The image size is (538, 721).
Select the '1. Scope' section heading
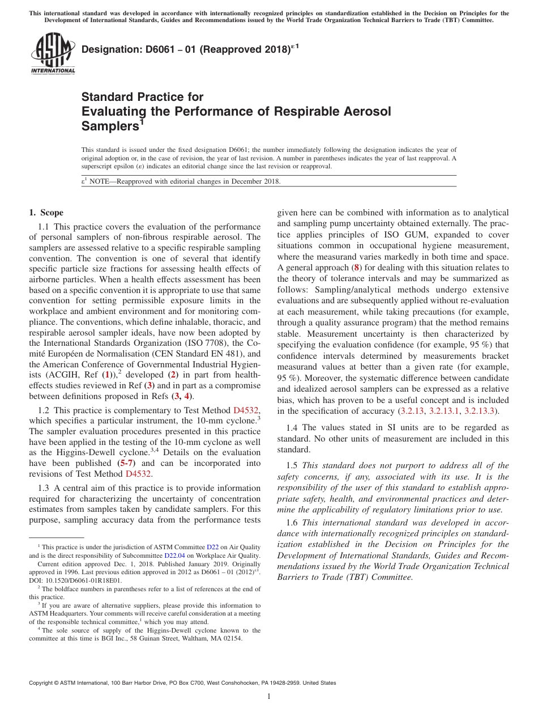click(x=46, y=213)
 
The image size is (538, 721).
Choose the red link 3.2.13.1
click(x=444, y=410)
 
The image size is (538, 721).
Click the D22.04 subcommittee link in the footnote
click(x=174, y=556)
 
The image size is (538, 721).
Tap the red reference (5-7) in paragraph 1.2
click(x=126, y=463)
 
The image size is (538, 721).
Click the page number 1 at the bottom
click(x=269, y=697)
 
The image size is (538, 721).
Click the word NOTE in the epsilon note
click(x=100, y=181)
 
